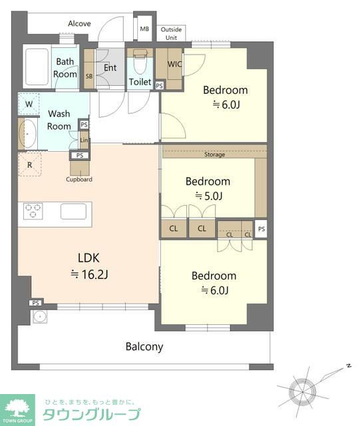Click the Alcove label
click(79, 24)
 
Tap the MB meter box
click(144, 29)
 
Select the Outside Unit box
click(171, 33)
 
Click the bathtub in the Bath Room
click(37, 67)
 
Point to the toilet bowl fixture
click(140, 61)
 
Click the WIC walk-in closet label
click(174, 64)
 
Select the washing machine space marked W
click(29, 104)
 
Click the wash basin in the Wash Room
click(28, 134)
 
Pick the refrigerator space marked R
click(30, 164)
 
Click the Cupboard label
click(79, 179)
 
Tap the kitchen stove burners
click(33, 211)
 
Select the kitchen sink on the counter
click(74, 212)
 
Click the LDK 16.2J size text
click(89, 274)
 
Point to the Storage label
click(215, 154)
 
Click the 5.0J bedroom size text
click(209, 196)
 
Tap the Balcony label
click(144, 347)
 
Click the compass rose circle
click(302, 392)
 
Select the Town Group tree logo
click(17, 408)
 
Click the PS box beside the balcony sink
click(35, 303)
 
